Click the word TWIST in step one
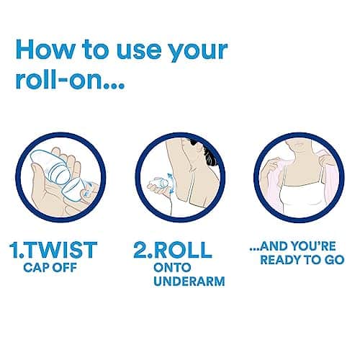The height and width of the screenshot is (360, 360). pyautogui.click(x=60, y=250)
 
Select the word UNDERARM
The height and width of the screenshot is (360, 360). pyautogui.click(x=189, y=281)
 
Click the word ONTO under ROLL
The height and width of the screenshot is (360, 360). pyautogui.click(x=172, y=267)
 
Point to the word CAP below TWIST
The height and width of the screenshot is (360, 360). pyautogui.click(x=36, y=267)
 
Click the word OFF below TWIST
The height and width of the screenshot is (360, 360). pyautogui.click(x=65, y=267)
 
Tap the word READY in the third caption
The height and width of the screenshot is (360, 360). pyautogui.click(x=277, y=260)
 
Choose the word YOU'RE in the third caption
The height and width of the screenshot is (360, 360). pyautogui.click(x=312, y=246)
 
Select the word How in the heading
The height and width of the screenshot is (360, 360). pyautogui.click(x=45, y=50)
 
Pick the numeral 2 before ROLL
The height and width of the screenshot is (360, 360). pyautogui.click(x=140, y=250)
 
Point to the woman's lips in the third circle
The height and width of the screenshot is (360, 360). pyautogui.click(x=298, y=145)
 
